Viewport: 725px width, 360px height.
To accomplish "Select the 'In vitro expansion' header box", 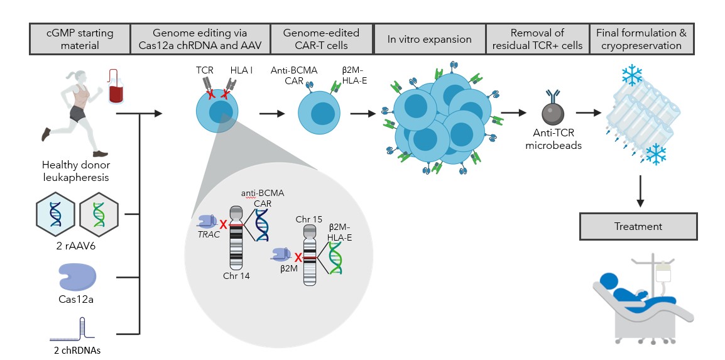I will [430, 39].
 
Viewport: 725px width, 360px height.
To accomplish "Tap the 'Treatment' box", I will [638, 226].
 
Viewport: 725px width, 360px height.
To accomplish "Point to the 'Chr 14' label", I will [236, 276].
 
